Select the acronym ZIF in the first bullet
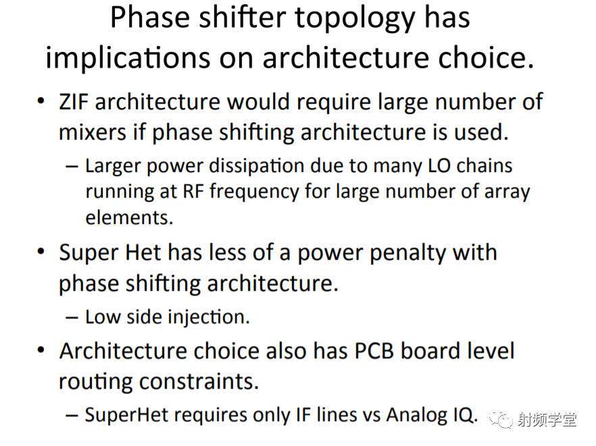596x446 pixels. coord(74,102)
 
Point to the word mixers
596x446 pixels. coord(92,132)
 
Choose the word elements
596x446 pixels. coord(129,217)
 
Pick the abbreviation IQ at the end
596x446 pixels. coord(465,415)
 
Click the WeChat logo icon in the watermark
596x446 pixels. coord(501,418)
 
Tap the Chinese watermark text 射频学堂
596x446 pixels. coord(547,420)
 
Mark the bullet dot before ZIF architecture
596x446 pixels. coord(41,102)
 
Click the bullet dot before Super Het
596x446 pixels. coord(41,252)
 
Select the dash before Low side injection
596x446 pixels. coord(72,318)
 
